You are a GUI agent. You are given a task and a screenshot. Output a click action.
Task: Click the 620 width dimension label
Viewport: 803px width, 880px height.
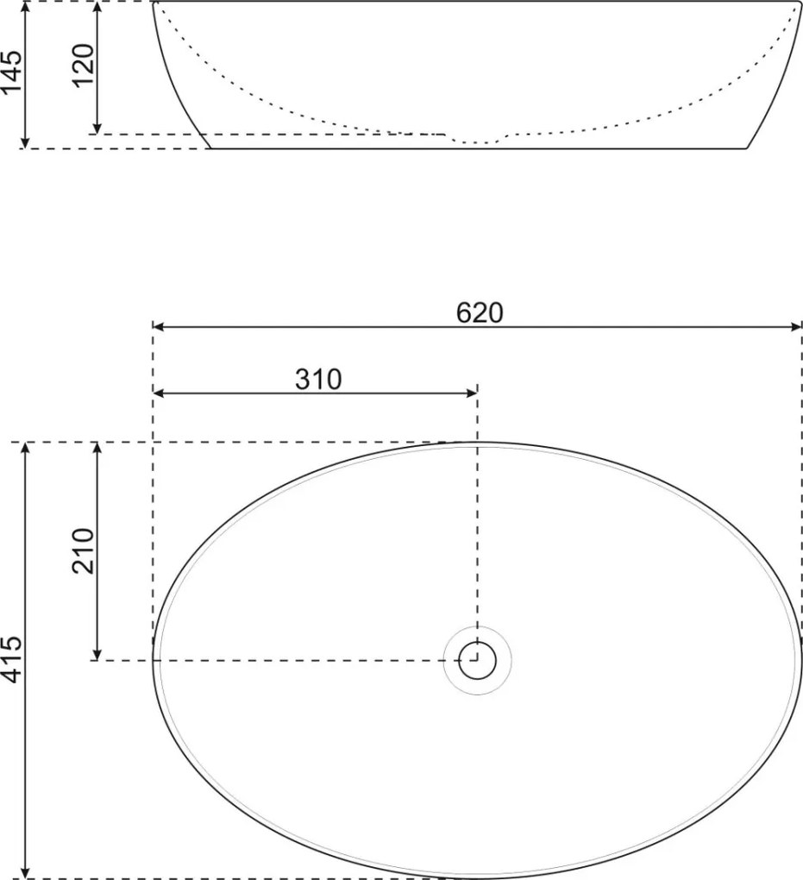[x=479, y=312]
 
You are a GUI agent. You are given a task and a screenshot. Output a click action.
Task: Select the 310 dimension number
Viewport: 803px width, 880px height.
[x=319, y=379]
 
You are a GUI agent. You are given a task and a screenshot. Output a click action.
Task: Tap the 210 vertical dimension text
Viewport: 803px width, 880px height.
[x=84, y=550]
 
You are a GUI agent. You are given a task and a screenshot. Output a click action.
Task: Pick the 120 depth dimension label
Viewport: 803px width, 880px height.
[x=84, y=66]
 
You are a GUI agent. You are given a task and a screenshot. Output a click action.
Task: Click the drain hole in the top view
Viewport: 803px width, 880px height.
[x=477, y=661]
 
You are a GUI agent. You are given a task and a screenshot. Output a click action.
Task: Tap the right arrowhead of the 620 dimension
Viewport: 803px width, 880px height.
[x=797, y=327]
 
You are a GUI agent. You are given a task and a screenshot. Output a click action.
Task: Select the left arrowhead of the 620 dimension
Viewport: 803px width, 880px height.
[x=159, y=327]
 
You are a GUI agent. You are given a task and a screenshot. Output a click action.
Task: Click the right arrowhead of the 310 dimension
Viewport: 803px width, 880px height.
[x=472, y=393]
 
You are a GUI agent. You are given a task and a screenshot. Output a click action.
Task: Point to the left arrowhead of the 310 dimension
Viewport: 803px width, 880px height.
[x=159, y=393]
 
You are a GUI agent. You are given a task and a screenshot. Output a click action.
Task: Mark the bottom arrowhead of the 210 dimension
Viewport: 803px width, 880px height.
[x=97, y=655]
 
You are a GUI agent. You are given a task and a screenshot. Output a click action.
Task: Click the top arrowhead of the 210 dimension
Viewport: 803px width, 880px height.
[x=97, y=448]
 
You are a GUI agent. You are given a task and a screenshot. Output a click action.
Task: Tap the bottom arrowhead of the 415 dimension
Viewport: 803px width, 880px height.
[x=27, y=872]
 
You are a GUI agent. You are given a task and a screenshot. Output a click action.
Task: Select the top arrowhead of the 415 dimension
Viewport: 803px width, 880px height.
[x=27, y=448]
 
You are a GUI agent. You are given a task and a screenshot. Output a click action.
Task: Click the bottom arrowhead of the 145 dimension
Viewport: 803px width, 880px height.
[x=27, y=142]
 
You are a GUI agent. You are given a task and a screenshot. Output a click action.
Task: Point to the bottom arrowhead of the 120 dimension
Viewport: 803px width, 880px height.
[x=97, y=129]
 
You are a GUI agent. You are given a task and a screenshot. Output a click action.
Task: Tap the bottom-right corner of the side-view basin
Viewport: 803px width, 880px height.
[x=746, y=148]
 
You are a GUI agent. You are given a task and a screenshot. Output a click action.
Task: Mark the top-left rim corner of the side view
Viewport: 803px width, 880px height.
[x=154, y=3]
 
